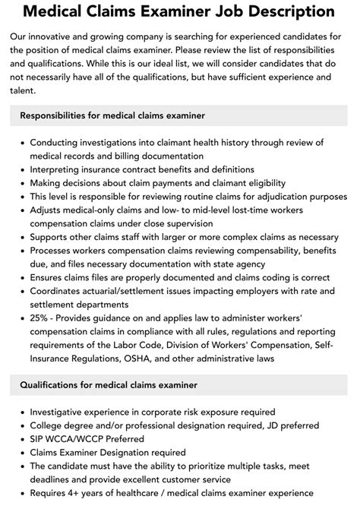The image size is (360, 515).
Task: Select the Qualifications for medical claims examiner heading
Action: pos(109,385)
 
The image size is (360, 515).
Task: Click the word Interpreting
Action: pos(61,169)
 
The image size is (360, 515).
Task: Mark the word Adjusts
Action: pos(51,210)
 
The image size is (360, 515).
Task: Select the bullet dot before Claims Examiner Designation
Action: pos(21,452)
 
